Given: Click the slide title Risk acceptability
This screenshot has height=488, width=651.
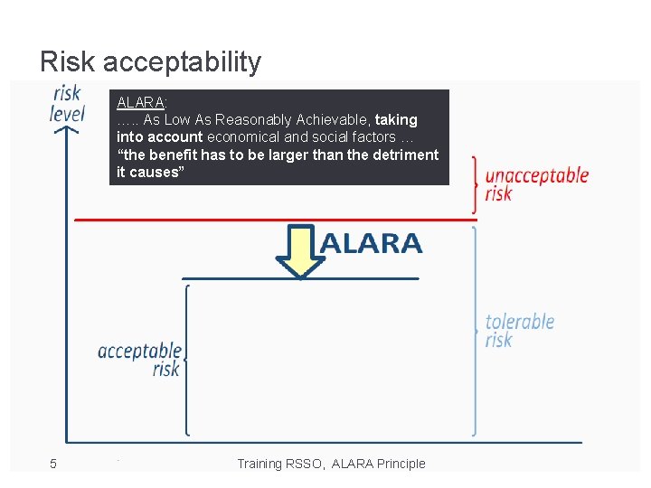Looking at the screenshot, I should (150, 61).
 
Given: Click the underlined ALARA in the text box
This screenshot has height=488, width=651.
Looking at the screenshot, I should (140, 102).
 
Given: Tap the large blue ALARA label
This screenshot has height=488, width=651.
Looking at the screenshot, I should (371, 243).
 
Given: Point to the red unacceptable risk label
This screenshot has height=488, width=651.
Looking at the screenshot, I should (536, 184).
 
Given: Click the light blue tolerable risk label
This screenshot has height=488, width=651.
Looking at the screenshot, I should (519, 330).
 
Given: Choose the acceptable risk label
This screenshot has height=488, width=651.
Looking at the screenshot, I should (140, 359).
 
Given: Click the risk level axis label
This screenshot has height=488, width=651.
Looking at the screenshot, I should (67, 103).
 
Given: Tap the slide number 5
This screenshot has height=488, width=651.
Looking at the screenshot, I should (53, 464).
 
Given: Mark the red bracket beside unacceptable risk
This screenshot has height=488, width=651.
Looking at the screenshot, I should (475, 185).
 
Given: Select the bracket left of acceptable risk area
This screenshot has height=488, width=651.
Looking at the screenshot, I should (186, 360).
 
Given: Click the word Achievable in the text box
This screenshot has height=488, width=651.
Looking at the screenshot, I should (331, 119).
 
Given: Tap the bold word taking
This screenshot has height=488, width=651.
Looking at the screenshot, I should (396, 119).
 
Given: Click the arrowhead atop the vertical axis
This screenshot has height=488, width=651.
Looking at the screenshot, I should (66, 131).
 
